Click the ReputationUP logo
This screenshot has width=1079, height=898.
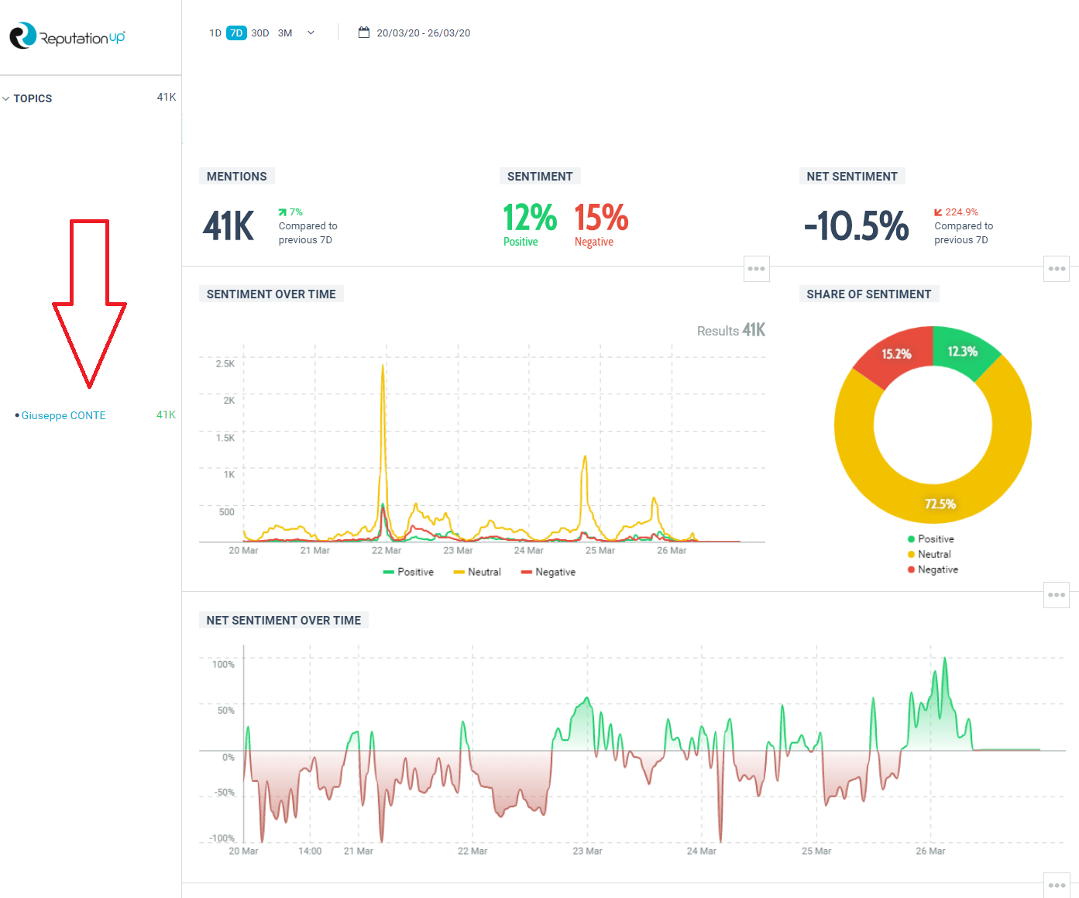(x=67, y=36)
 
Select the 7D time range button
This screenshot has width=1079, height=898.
(x=236, y=33)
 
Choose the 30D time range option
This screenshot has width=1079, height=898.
(x=260, y=33)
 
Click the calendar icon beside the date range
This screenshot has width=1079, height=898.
(x=363, y=33)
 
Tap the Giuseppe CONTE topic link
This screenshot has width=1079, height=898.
(x=64, y=415)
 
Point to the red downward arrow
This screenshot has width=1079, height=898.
(x=89, y=302)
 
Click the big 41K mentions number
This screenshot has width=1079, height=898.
(x=229, y=226)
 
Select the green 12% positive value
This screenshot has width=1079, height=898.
(x=530, y=218)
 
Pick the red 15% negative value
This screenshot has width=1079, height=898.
(x=601, y=218)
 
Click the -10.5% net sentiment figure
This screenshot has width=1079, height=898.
(x=856, y=226)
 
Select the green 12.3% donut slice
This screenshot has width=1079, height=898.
(x=962, y=352)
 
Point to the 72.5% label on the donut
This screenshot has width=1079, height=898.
(x=940, y=504)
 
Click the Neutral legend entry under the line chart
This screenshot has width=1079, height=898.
(x=477, y=572)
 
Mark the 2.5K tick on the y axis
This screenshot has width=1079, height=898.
(x=225, y=363)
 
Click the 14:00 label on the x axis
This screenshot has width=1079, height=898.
(x=310, y=851)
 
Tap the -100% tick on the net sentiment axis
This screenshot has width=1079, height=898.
(x=222, y=838)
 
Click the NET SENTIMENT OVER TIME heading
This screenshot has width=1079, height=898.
(x=283, y=621)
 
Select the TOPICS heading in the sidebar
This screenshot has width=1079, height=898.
(x=33, y=98)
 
